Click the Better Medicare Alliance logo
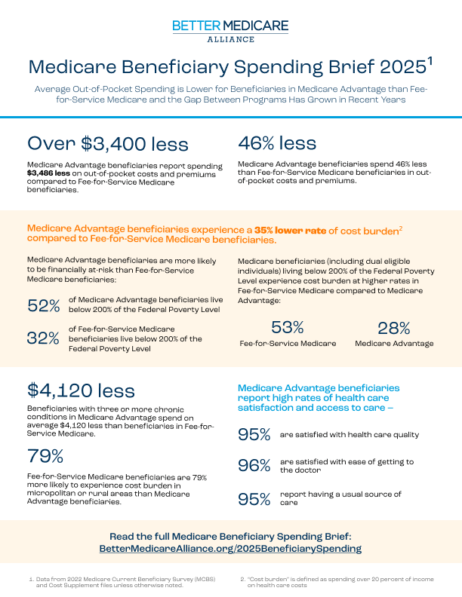230,31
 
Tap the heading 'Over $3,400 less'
107,143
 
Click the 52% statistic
43,305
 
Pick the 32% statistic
43,338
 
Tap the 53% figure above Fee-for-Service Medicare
287,327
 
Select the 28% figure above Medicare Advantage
394,327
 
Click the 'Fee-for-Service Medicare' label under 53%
288,344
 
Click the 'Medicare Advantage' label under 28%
394,344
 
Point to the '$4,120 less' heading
81,390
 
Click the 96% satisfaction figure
254,466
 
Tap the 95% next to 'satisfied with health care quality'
254,435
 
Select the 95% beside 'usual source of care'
254,498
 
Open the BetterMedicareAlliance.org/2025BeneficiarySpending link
230,549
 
